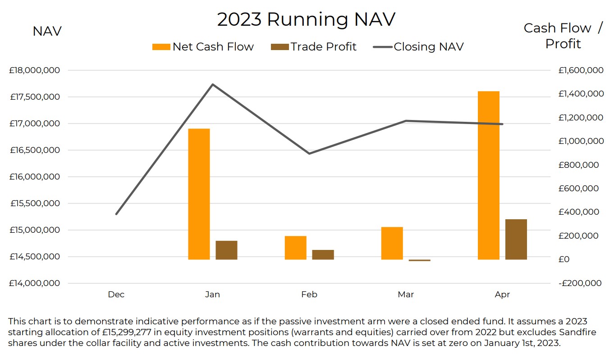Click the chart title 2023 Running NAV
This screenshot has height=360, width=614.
306,19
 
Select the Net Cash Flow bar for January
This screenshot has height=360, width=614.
199,194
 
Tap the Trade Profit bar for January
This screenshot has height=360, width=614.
226,250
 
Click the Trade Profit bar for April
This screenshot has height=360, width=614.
516,239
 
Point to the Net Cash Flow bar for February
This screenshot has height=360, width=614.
295,248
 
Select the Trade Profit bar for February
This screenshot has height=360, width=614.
323,255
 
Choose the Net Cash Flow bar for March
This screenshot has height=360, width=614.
392,243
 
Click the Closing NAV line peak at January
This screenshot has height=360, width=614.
212,84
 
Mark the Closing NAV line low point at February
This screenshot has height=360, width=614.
309,153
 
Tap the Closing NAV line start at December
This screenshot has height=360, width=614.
116,214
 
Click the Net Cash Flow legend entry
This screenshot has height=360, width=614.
203,47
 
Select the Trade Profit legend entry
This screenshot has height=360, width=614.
314,47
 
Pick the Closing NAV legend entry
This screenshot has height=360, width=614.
419,47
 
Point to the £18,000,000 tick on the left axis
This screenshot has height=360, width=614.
35,70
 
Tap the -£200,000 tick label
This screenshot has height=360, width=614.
579,283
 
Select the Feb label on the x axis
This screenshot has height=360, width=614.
309,295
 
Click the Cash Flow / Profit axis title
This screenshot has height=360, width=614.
563,36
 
